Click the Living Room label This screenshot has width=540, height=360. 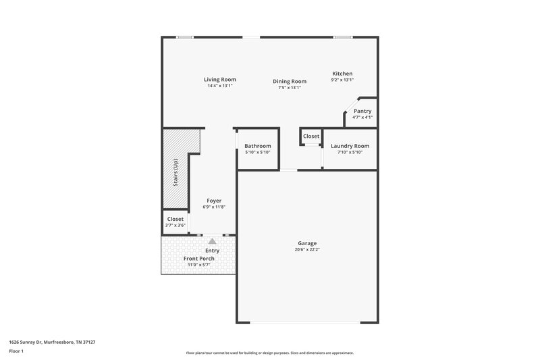(219, 80)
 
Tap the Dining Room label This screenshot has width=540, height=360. (289, 81)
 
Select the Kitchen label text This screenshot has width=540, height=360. (342, 74)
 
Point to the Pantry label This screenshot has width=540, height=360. (362, 111)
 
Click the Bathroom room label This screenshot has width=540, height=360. (258, 146)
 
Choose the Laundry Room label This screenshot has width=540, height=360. (350, 146)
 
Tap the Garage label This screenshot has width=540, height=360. (307, 243)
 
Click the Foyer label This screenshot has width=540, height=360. (214, 201)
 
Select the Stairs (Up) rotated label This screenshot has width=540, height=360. (175, 173)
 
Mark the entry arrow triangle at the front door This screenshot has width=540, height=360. (213, 240)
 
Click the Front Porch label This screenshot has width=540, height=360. (199, 259)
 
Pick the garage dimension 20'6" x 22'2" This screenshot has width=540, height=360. (307, 250)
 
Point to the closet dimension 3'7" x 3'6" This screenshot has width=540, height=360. (175, 225)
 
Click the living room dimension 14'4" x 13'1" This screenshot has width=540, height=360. (219, 86)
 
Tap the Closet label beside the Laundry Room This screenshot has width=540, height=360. (311, 136)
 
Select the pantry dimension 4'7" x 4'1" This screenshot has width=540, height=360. (362, 118)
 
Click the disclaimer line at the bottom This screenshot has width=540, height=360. (270, 353)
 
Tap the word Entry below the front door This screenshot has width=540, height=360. (212, 251)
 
